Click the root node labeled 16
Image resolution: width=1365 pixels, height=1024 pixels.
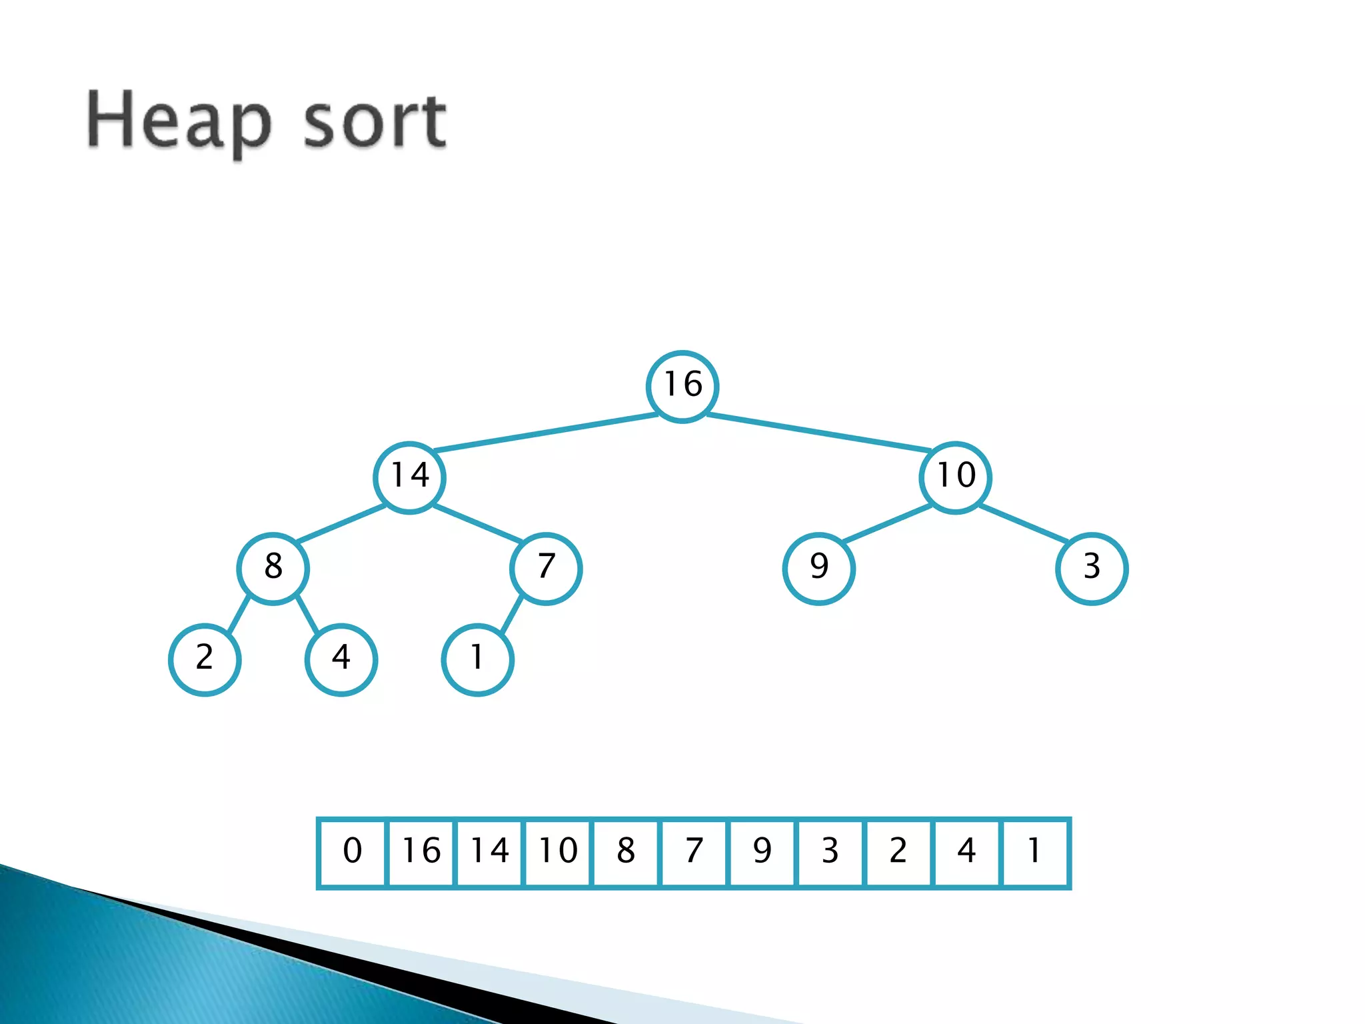tap(682, 386)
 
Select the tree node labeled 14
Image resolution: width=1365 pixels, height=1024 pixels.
tap(409, 477)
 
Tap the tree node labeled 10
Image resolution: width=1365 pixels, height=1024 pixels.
tap(955, 477)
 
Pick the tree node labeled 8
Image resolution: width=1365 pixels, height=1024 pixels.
tap(273, 568)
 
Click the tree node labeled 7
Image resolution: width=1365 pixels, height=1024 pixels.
tap(546, 568)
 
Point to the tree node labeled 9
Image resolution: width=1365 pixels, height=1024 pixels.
tap(818, 568)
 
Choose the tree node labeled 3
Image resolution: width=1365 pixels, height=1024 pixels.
tap(1092, 568)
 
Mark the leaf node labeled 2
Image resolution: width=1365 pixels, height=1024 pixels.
tap(205, 659)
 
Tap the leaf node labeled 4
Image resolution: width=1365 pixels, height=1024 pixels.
tap(341, 659)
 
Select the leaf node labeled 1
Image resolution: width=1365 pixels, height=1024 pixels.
tap(477, 659)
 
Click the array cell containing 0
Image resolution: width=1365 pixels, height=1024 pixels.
tap(353, 853)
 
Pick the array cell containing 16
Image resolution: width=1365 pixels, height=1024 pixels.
tap(421, 853)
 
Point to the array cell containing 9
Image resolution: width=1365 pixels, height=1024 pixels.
tap(762, 853)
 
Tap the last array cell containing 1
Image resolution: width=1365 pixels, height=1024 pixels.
tap(1035, 853)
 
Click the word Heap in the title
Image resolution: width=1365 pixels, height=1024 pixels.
tap(179, 122)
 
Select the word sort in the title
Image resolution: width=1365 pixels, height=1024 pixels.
tap(375, 122)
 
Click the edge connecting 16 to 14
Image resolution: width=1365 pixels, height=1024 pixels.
tap(546, 432)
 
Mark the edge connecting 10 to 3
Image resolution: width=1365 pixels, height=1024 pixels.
tap(1024, 523)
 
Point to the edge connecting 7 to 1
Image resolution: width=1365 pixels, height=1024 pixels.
tap(511, 615)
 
